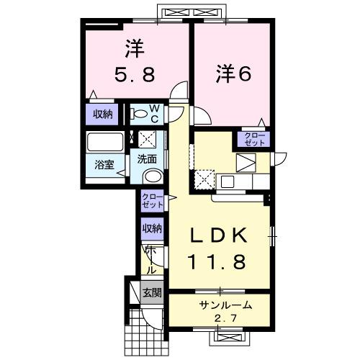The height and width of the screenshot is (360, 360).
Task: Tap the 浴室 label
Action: [x=105, y=164]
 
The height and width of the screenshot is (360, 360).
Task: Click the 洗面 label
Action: [x=148, y=160]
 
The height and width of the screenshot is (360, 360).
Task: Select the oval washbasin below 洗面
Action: [x=153, y=177]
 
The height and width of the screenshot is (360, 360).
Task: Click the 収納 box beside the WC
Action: [x=102, y=112]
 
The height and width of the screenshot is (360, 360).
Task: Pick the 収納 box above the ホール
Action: [x=152, y=228]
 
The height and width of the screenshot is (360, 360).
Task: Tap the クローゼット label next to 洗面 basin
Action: [x=152, y=201]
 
